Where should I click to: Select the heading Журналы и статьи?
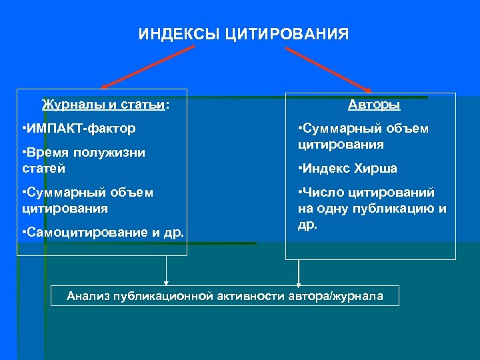(x=105, y=105)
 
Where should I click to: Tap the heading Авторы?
(x=374, y=105)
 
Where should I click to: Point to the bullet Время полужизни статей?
(x=83, y=160)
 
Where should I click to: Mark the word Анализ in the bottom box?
(x=88, y=296)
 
